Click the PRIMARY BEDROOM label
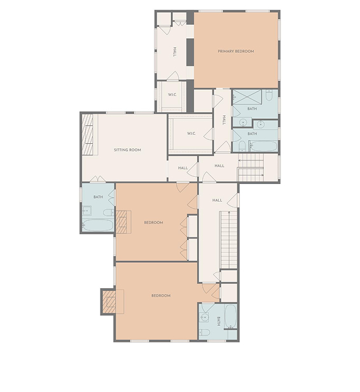235,52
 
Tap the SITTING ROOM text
127,150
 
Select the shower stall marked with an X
247,97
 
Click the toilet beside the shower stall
269,95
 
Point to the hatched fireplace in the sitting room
88,134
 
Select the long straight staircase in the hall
228,240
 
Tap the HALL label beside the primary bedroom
175,52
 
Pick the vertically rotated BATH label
219,321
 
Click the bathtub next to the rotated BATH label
230,316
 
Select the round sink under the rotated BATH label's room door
204,318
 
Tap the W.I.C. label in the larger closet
191,134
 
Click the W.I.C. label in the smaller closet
172,95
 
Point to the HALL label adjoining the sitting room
183,168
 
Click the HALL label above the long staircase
217,200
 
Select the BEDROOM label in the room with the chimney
161,295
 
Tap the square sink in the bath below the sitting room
87,211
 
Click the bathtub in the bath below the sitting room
98,225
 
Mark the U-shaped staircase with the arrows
251,167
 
